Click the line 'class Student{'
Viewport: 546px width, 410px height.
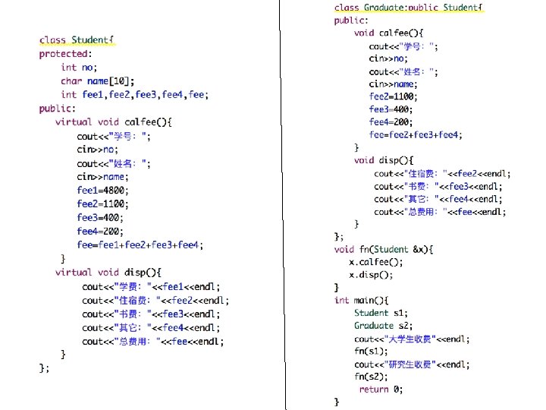pyautogui.click(x=77, y=40)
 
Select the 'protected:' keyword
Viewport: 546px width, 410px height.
pyautogui.click(x=65, y=54)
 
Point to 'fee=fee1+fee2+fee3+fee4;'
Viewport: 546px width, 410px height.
pyautogui.click(x=140, y=244)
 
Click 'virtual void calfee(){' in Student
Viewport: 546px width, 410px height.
pyautogui.click(x=114, y=121)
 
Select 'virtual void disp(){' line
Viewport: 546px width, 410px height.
pyautogui.click(x=108, y=272)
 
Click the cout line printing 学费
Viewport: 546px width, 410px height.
pyautogui.click(x=151, y=286)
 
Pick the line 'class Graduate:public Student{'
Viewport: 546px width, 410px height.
pyautogui.click(x=408, y=8)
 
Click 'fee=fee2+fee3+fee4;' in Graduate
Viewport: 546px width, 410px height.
pyautogui.click(x=416, y=134)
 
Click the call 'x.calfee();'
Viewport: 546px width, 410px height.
pyautogui.click(x=376, y=262)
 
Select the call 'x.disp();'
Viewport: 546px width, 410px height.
pyautogui.click(x=371, y=275)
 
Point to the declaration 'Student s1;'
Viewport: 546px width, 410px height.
pyautogui.click(x=382, y=313)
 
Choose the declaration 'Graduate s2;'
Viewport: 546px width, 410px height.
pyautogui.click(x=384, y=326)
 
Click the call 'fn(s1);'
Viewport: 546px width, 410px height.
pyautogui.click(x=371, y=351)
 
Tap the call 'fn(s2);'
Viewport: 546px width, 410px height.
pyautogui.click(x=371, y=377)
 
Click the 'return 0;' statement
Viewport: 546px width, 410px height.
pyautogui.click(x=381, y=389)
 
